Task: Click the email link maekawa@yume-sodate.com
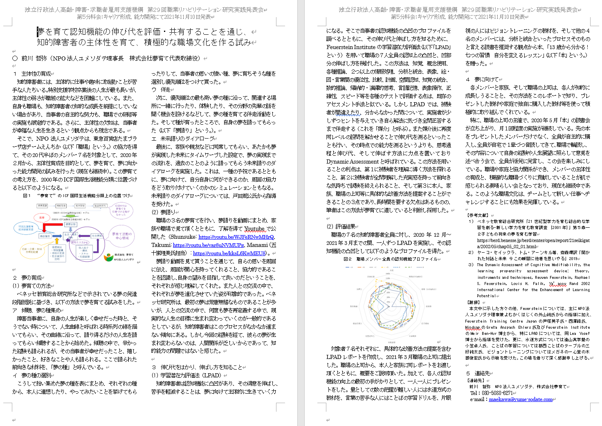coord(520,399)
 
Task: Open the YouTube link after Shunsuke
coord(236,237)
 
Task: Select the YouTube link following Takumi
coord(208,245)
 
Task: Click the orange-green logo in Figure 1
coord(108,257)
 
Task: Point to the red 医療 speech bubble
coord(42,218)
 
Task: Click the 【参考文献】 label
coord(477,215)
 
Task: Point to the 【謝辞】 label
coord(474,303)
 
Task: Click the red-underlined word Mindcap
coord(472,327)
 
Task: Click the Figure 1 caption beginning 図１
coord(76,195)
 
